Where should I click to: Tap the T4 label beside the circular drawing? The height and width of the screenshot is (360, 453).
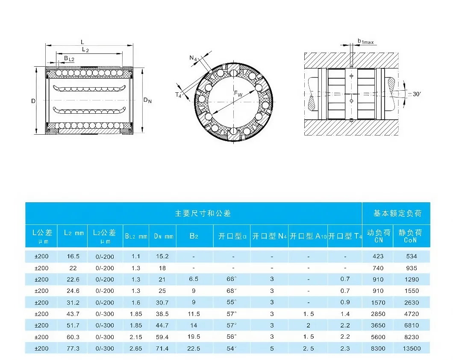tap(179, 95)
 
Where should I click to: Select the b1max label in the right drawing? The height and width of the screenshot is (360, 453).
tap(366, 41)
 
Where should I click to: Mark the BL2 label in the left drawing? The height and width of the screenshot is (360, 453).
tap(69, 58)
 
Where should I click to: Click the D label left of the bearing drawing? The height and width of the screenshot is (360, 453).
tap(33, 101)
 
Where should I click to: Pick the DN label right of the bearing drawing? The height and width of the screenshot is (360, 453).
tap(147, 100)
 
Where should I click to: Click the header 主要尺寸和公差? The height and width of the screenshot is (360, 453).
tap(194, 213)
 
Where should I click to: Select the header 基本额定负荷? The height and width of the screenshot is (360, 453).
tap(397, 213)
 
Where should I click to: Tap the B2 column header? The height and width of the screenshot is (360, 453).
tap(194, 236)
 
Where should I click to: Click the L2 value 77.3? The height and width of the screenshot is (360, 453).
tap(73, 348)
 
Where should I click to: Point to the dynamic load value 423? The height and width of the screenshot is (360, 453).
tap(378, 257)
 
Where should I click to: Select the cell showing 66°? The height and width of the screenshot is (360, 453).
tap(232, 279)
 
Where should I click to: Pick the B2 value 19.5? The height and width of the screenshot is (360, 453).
tap(194, 337)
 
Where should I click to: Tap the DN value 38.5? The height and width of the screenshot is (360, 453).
tap(162, 314)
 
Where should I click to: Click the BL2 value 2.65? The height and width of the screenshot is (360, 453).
tap(136, 348)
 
